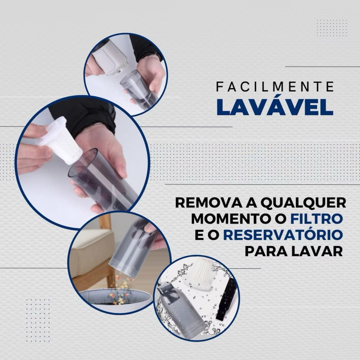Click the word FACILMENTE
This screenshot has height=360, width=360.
pyautogui.click(x=275, y=86)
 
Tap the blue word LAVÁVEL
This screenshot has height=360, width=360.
pyautogui.click(x=275, y=107)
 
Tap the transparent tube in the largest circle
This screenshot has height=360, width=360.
pyautogui.click(x=101, y=180)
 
